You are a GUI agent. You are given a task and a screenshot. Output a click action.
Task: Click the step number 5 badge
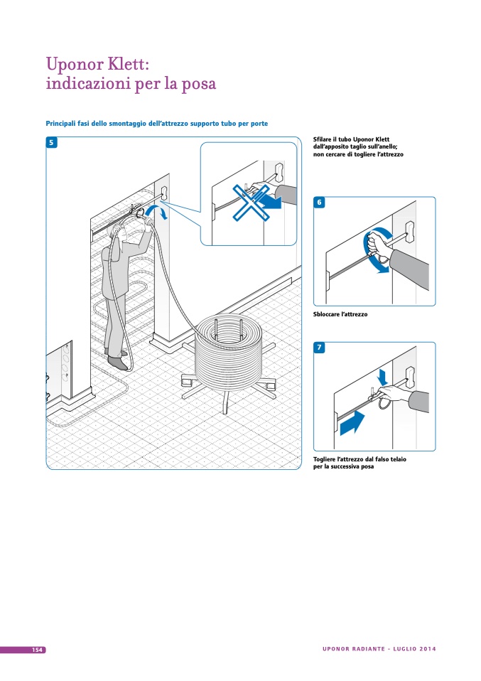pos(52,142)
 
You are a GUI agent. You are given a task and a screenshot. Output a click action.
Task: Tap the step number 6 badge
pos(319,203)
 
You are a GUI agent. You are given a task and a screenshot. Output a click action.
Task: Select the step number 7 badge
pos(319,348)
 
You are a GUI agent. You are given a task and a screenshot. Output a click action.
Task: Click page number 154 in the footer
pos(36,650)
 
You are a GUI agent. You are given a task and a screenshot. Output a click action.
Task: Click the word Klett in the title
pos(121,63)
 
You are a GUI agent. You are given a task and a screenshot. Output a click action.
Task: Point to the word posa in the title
pos(195,84)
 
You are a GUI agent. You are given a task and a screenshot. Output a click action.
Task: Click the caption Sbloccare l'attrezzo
pos(340,314)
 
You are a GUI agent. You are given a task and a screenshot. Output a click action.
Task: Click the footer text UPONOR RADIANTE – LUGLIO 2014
pos(379,649)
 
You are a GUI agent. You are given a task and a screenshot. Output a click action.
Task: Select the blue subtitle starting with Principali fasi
pos(157,124)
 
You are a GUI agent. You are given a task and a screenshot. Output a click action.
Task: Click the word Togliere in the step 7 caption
pos(327,459)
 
